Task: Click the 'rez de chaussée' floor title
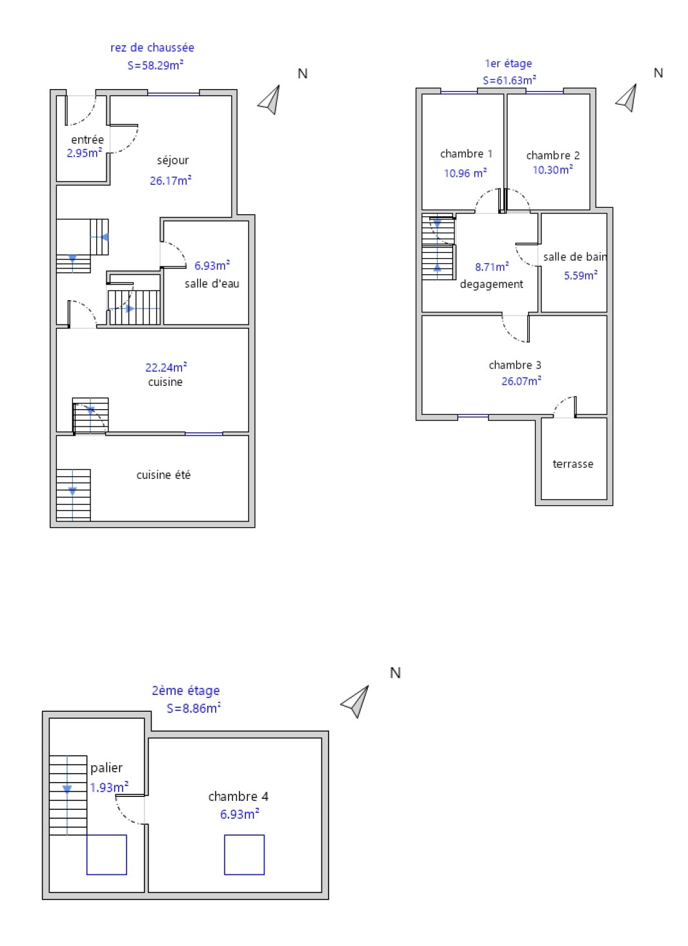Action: [152, 48]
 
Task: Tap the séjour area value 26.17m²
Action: [170, 180]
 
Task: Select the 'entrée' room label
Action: [87, 139]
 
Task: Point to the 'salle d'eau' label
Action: [212, 283]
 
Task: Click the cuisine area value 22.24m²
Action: [166, 367]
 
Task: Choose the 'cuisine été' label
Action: [163, 475]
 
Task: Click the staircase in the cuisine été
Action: [73, 494]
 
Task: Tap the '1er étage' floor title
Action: [508, 63]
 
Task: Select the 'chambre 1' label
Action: [466, 154]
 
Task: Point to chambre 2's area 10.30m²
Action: [552, 169]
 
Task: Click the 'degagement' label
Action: [491, 284]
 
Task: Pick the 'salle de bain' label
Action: [575, 257]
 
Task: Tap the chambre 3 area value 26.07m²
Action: [521, 381]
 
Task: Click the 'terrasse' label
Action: [572, 464]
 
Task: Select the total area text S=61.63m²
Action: [509, 80]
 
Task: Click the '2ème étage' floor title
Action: [186, 690]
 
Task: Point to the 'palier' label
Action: [106, 768]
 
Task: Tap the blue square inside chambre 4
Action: [244, 854]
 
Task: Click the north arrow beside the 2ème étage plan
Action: [356, 701]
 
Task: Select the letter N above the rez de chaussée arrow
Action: [303, 74]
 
